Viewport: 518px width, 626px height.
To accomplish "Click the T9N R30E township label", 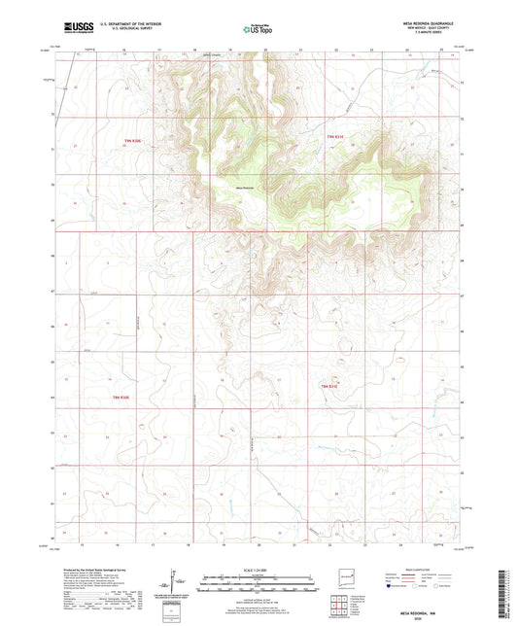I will pyautogui.click(x=133, y=143).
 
